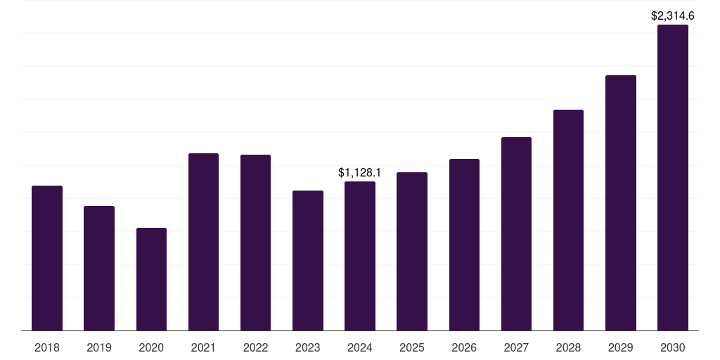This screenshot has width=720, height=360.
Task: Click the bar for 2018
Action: coord(47,258)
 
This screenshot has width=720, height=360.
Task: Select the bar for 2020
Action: coord(151,279)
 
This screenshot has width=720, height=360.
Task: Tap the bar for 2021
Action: coord(203,242)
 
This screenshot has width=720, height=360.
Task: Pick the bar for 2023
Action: coord(308,260)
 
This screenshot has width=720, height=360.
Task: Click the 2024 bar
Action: coord(360,256)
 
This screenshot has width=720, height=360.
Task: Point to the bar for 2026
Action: coord(464,245)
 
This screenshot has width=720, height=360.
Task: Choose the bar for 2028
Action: coord(568,220)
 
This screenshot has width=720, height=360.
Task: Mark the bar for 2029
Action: coord(621,202)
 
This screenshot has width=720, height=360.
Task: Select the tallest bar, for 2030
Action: coord(673,177)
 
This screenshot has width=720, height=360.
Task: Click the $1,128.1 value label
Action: coord(359,172)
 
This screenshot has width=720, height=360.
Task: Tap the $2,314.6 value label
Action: coord(673,15)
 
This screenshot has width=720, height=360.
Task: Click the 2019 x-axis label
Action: coord(99,347)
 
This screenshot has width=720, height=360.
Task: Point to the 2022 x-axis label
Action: coord(255,347)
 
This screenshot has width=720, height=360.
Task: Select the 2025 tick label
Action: coord(412,347)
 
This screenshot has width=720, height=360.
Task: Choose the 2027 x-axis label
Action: coord(516,347)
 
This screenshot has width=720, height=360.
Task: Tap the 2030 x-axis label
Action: coord(673,347)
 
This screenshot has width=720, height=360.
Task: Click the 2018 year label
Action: coord(47,347)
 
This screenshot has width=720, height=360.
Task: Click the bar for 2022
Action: coord(255,243)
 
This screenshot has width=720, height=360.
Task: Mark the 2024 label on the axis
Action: coord(360,347)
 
